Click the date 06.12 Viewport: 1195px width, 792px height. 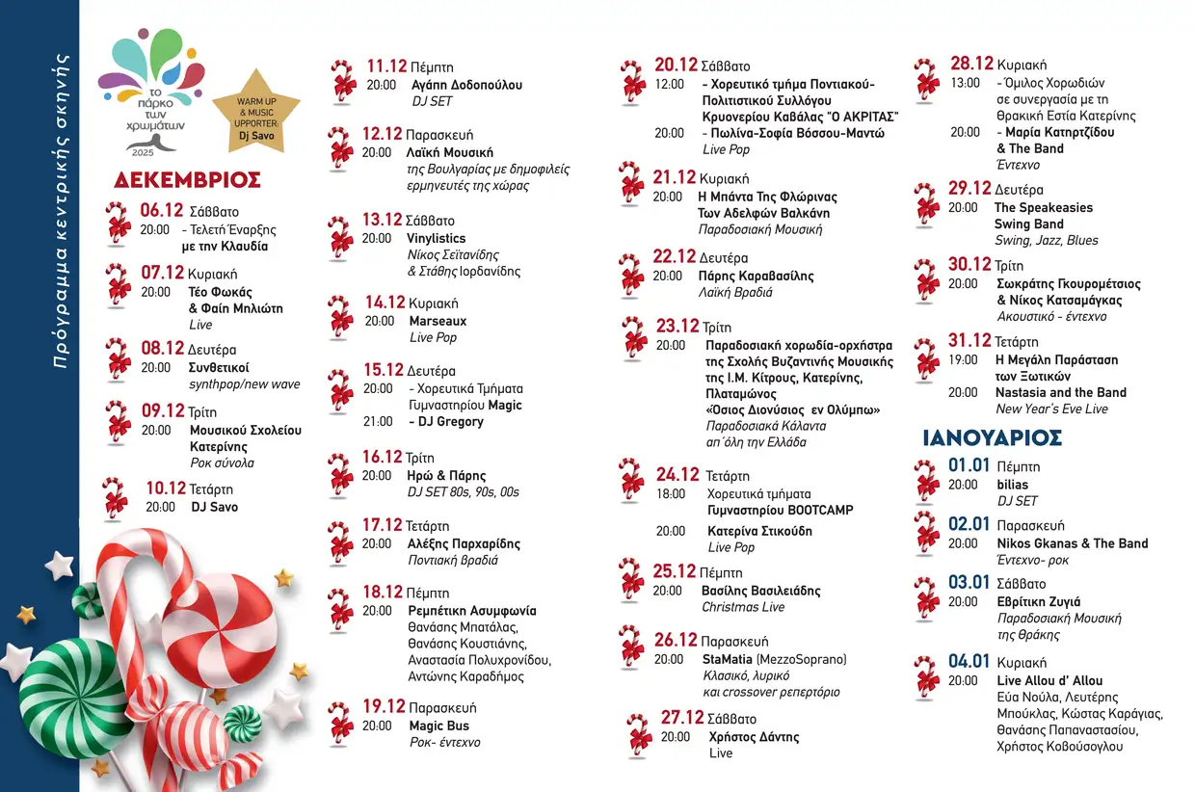coord(161,210)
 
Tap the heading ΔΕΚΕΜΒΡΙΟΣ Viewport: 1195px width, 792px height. coord(187,180)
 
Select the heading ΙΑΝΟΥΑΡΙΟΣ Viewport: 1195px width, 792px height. coord(992,437)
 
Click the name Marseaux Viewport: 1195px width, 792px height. coord(438,321)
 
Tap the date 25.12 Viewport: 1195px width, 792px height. coord(675,571)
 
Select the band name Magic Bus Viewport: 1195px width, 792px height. coord(438,726)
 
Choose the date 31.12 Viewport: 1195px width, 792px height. coord(969,340)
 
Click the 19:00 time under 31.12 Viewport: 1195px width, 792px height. coord(963,359)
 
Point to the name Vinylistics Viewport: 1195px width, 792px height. coord(436,238)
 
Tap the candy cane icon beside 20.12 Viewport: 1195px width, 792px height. coord(632,80)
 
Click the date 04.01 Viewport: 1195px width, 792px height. coord(969,662)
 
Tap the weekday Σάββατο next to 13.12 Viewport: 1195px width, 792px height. coord(430,221)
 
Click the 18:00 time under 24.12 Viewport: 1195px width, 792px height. coord(671,493)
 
